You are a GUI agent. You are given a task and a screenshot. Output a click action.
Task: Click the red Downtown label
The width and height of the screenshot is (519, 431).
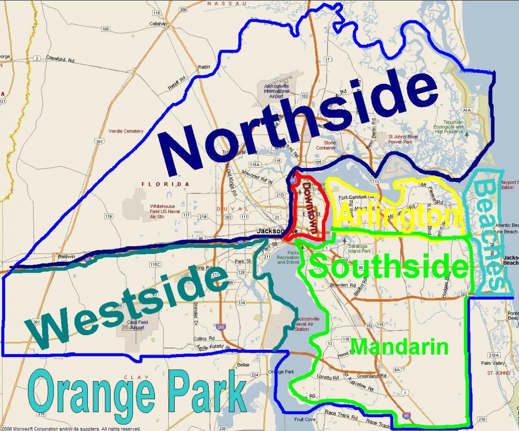(x=311, y=207)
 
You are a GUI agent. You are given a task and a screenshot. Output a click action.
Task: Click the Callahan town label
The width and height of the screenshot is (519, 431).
(x=158, y=24)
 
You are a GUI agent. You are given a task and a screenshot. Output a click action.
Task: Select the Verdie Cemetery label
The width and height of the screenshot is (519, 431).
(x=126, y=131)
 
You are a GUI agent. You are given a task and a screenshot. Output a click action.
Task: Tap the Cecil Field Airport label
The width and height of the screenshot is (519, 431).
(x=135, y=325)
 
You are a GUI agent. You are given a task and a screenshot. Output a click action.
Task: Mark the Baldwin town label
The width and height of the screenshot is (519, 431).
(x=67, y=257)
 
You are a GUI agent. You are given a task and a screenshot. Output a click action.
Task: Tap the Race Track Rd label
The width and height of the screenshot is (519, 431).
(x=342, y=417)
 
